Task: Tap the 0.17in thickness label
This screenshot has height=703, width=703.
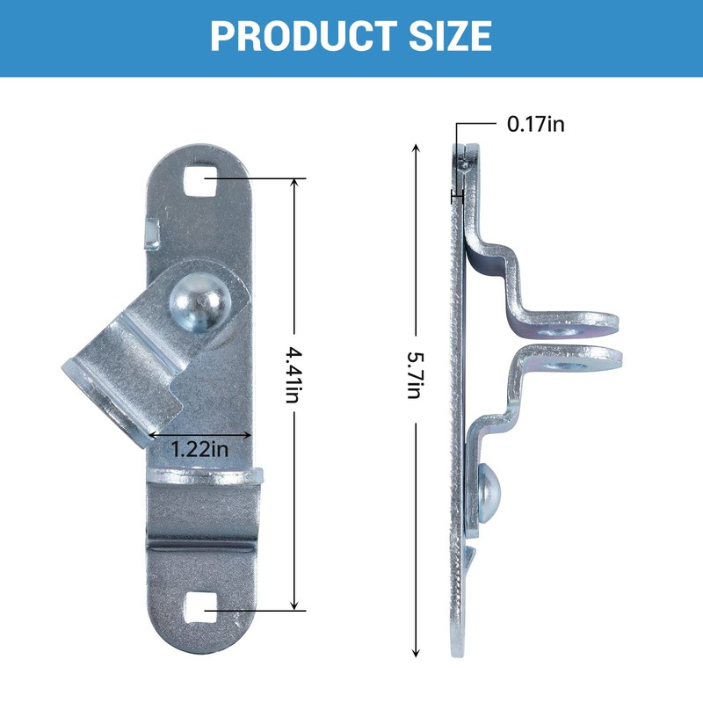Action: pos(535,124)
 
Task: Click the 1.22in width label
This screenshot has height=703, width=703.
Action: pos(199,449)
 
